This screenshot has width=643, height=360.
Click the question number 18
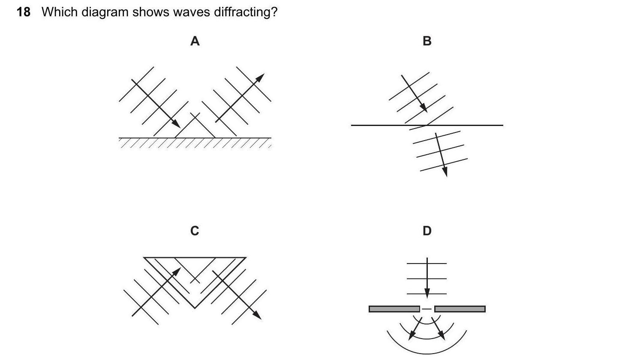[24, 12]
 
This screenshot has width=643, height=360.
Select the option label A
[195, 41]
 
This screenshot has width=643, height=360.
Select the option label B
[427, 41]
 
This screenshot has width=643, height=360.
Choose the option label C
[195, 231]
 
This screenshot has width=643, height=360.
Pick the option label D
[427, 231]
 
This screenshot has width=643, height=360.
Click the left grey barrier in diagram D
[394, 309]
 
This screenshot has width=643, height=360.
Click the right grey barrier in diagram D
[460, 309]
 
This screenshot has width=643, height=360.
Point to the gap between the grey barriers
[427, 309]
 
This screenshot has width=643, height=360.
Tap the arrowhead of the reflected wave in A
[260, 78]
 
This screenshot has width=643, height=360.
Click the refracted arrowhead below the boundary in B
[445, 171]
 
